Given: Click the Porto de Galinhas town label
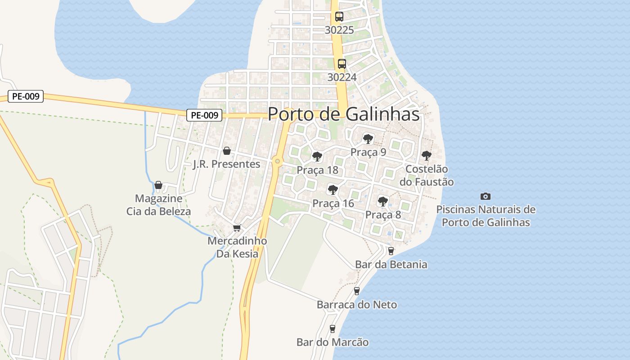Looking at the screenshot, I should (x=343, y=114).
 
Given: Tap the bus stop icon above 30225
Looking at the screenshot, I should (x=339, y=17).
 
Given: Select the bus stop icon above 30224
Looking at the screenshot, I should (x=342, y=64).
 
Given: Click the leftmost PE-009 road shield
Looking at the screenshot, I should (x=26, y=96).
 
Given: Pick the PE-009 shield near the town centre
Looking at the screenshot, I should (x=204, y=115).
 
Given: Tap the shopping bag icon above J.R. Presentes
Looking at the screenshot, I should (x=227, y=151).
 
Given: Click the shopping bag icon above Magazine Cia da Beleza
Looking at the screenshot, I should (x=158, y=185).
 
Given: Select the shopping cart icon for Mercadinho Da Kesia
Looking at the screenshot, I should (x=237, y=228).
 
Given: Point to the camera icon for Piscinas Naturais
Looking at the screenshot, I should (x=486, y=196).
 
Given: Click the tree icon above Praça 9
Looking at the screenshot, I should (x=368, y=139).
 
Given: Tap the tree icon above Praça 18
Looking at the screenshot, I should (x=317, y=157).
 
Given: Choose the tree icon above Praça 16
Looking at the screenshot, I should (x=333, y=190).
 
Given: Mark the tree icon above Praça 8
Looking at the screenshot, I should (x=383, y=202).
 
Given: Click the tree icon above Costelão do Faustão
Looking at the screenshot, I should (x=427, y=156).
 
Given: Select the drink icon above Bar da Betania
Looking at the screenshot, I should (x=391, y=251).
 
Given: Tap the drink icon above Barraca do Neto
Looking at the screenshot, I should (x=357, y=291).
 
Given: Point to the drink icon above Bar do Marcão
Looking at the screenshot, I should (x=333, y=329).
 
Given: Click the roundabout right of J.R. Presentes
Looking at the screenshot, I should (x=277, y=161).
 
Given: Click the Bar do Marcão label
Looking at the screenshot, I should (x=333, y=342).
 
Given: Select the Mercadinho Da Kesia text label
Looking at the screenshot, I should (x=237, y=247).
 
